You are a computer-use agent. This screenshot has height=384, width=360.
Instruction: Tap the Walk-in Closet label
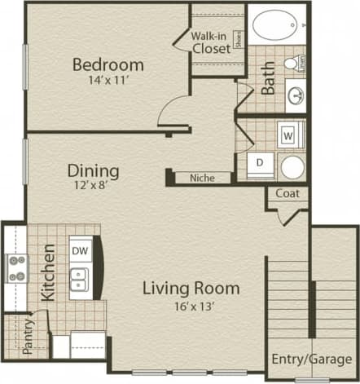click(x=210, y=42)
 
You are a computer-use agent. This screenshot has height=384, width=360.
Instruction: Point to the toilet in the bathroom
click(x=292, y=64)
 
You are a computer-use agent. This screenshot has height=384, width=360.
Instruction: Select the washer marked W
click(x=288, y=134)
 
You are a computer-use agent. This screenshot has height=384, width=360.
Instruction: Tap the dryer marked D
click(x=260, y=163)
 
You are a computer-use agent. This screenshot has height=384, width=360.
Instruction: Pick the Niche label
click(x=201, y=178)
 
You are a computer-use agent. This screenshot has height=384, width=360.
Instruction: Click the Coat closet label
click(x=287, y=193)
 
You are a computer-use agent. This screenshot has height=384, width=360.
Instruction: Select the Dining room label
click(x=93, y=171)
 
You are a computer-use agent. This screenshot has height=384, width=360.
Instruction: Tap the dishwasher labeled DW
click(x=79, y=250)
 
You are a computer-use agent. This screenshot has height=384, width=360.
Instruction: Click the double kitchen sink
click(x=79, y=283)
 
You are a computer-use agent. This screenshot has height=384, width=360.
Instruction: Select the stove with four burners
click(x=17, y=268)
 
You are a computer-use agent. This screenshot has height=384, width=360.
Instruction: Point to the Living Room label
click(x=191, y=288)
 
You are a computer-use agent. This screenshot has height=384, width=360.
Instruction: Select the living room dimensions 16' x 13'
click(x=191, y=307)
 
